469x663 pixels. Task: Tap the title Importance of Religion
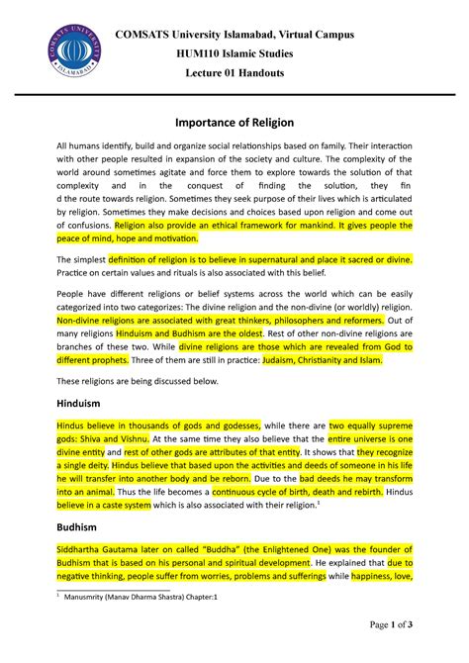pos(234,122)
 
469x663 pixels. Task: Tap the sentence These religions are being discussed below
pos(136,381)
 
